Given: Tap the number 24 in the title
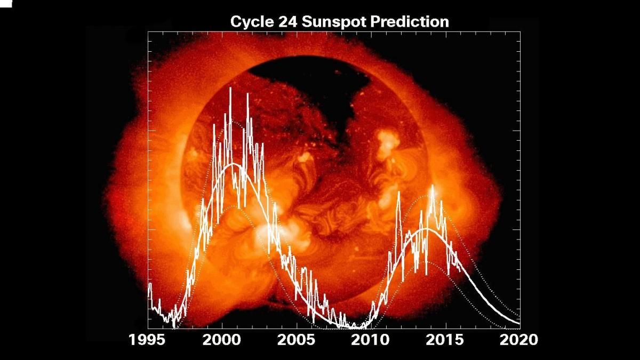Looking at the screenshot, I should pos(286,22).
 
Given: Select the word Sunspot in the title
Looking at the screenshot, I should pos(327,22).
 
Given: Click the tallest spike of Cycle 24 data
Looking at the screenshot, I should pos(433,186).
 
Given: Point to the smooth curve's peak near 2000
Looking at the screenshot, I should pos(233,164).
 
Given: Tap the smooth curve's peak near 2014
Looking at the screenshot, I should pos(426,229).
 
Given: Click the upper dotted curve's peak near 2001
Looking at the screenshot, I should pos(233,122).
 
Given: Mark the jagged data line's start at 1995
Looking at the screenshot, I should pos(149,284).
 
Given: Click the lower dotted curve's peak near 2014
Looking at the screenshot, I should pos(426,261).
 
